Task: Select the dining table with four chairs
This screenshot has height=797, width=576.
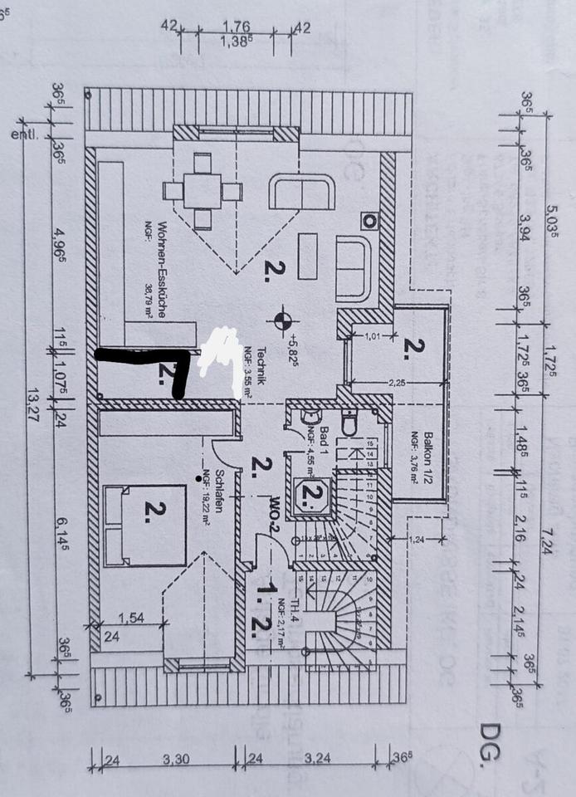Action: click(x=203, y=191)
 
